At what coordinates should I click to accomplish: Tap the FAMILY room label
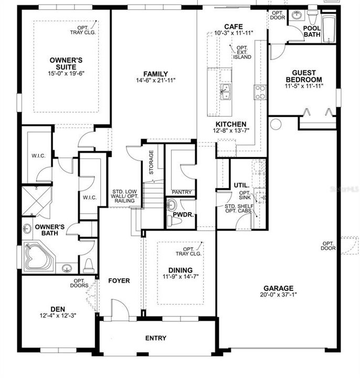(x=156, y=74)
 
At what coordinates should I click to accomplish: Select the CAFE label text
(x=234, y=26)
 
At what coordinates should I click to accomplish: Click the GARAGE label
(x=278, y=288)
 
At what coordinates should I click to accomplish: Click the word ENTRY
(x=156, y=338)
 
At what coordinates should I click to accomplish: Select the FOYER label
(x=119, y=280)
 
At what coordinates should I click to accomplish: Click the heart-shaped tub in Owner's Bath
(x=38, y=258)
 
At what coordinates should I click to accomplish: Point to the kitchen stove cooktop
(x=260, y=92)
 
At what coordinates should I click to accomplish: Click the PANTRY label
(x=182, y=192)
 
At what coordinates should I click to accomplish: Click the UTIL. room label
(x=241, y=185)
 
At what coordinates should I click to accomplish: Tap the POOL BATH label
(x=312, y=31)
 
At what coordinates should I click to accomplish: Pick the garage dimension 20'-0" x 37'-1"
(x=278, y=295)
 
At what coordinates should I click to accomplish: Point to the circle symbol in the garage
(x=276, y=123)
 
